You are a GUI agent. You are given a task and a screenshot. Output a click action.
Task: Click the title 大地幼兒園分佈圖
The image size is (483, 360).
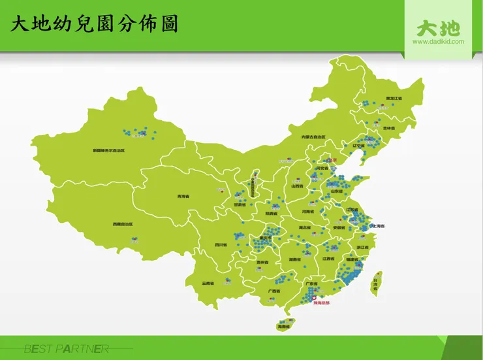point(95,24)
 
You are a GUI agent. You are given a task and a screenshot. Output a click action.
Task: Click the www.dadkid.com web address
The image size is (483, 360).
point(438,41)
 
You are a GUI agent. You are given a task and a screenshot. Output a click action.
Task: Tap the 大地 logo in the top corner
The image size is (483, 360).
point(438,28)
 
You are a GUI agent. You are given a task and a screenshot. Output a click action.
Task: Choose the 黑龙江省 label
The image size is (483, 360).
point(394,99)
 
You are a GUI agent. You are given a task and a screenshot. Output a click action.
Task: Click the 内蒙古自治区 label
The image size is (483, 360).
point(313,137)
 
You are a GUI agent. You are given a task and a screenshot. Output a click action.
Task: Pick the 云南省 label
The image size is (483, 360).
point(208,283)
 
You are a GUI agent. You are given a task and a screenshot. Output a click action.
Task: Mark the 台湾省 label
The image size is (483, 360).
point(375,285)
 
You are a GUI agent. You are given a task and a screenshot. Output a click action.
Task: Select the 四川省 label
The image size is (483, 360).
point(221,245)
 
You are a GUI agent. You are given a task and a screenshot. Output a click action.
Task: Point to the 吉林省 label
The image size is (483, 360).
point(388,128)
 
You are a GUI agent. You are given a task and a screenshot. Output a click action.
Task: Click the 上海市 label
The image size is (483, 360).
point(377,226)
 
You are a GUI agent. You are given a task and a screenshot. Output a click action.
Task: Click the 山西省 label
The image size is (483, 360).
point(298,186)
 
